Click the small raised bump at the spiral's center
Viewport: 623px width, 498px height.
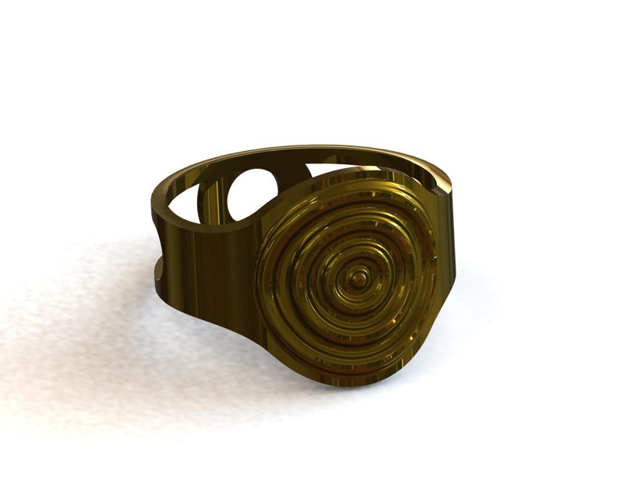coord(359,276)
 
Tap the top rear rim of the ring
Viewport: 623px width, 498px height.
coord(311,149)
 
